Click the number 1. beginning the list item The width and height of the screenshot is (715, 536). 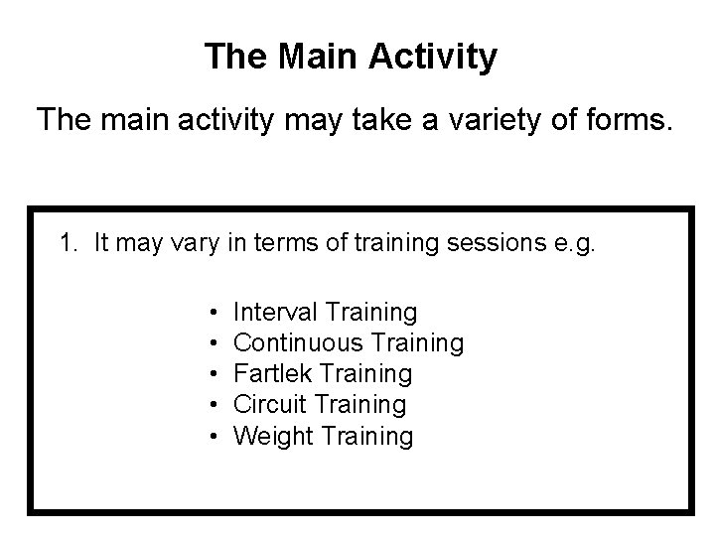pos(69,244)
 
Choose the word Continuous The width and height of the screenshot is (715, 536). pos(299,343)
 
